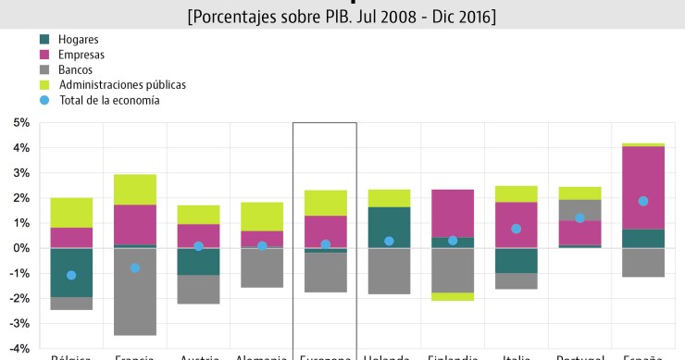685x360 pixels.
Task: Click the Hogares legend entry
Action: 78,40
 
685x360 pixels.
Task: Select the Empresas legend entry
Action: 81,55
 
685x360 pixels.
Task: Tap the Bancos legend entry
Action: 77,69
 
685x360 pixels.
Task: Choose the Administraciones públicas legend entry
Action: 121,84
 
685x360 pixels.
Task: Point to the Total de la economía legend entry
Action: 108,99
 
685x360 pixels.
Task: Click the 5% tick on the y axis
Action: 19,122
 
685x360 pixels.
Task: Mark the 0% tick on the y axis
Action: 19,248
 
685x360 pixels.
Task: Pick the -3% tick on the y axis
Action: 19,323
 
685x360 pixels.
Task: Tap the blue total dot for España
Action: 643,201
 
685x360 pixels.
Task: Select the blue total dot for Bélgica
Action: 71,275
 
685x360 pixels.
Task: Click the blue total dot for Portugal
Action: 579,218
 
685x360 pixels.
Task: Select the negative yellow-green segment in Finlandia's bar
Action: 452,296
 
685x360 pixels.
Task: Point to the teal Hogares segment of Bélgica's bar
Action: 71,272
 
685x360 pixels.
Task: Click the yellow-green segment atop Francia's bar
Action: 134,189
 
